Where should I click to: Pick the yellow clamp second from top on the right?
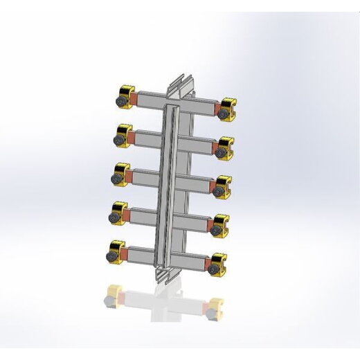point(226,146)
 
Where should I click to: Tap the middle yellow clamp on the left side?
point(121,175)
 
